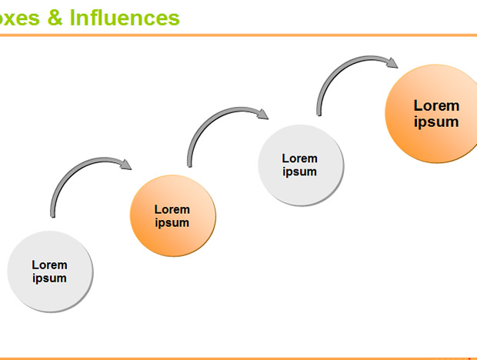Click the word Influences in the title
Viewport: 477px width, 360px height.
[x=125, y=18]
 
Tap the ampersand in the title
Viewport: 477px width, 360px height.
[x=55, y=18]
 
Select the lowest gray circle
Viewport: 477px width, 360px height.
[x=50, y=272]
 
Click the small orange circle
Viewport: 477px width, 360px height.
[x=173, y=215]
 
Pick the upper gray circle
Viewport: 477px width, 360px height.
[x=301, y=165]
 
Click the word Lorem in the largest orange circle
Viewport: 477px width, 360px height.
[x=436, y=106]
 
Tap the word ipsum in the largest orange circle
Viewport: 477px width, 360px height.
[x=436, y=122]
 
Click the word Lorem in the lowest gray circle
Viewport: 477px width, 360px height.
[x=49, y=265]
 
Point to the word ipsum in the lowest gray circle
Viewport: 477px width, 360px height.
[x=49, y=278]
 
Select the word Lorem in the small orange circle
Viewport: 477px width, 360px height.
[x=172, y=209]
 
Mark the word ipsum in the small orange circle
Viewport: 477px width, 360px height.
[x=172, y=223]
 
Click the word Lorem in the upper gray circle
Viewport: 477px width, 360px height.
[x=299, y=158]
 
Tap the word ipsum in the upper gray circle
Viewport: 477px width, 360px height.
[x=299, y=172]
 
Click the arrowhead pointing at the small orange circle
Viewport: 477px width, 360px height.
[x=125, y=164]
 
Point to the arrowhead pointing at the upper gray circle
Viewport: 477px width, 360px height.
[x=262, y=114]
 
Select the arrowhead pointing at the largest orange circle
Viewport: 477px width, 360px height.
[x=392, y=62]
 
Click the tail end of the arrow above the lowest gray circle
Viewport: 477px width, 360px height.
[x=52, y=216]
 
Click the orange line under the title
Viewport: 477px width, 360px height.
[x=239, y=35]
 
